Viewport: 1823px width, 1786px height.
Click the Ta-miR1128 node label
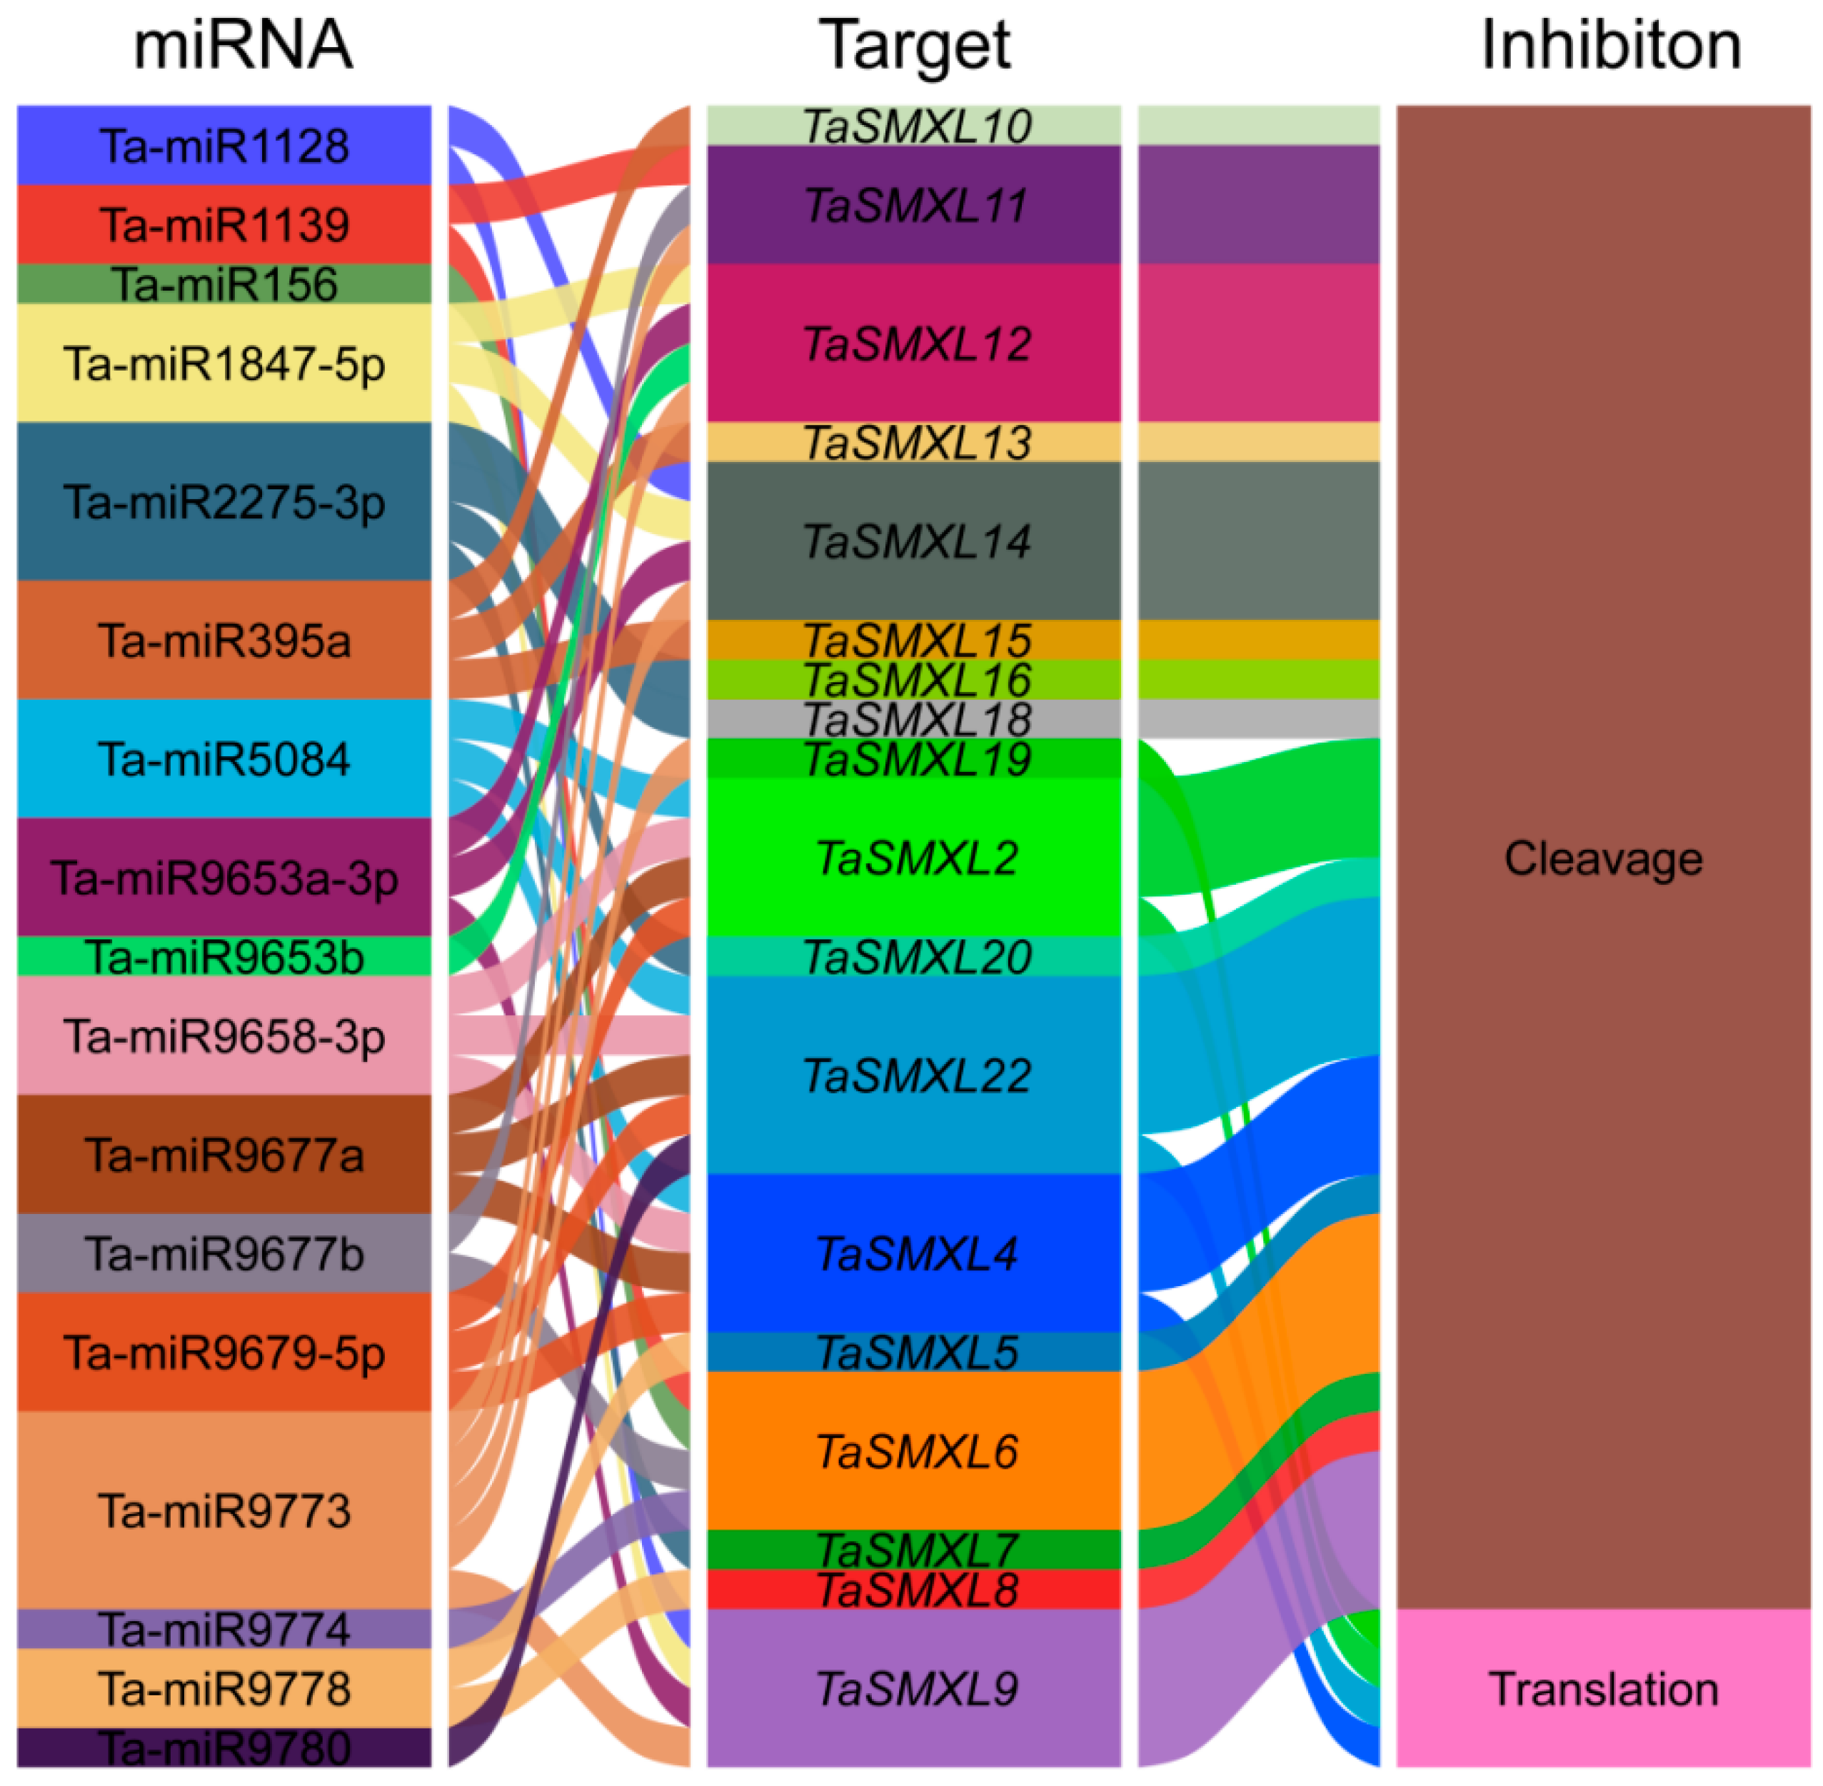point(224,146)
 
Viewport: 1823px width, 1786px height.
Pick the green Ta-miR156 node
point(224,284)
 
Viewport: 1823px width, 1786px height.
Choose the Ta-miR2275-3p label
point(224,502)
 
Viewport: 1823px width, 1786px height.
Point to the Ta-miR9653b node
point(224,958)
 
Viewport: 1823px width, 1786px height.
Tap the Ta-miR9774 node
point(224,1630)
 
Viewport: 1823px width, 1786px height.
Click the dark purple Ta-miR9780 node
point(224,1747)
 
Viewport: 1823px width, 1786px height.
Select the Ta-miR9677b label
point(224,1254)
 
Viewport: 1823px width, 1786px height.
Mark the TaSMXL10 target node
point(914,126)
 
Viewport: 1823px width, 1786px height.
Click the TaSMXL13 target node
point(914,443)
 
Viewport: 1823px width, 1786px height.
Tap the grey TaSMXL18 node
point(914,719)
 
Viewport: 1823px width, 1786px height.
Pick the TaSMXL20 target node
point(914,957)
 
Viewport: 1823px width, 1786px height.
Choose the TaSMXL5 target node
point(914,1353)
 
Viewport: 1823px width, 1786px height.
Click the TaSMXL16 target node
point(914,680)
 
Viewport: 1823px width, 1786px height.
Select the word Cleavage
point(1604,858)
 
